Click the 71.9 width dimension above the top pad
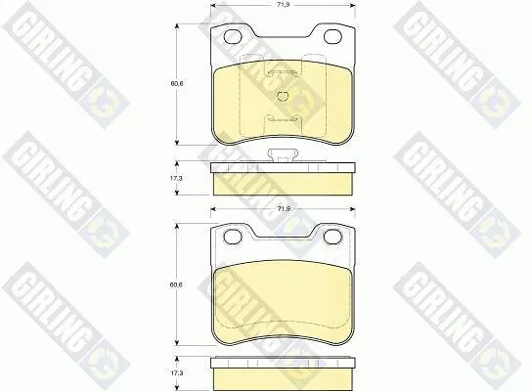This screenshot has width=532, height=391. pos(284,5)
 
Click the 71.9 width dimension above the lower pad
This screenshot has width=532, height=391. pos(284,209)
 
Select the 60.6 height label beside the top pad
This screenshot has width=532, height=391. pos(177,83)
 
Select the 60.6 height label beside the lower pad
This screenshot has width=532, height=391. pos(176,284)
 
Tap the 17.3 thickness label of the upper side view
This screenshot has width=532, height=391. pos(176,178)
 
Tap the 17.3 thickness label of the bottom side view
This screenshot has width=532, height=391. pos(176,373)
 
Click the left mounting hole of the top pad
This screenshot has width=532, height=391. pos(233,36)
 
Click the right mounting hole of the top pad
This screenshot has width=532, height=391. pos(332,36)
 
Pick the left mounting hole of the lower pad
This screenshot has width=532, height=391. pos(233,237)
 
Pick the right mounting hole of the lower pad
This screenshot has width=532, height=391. pos(332,237)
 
